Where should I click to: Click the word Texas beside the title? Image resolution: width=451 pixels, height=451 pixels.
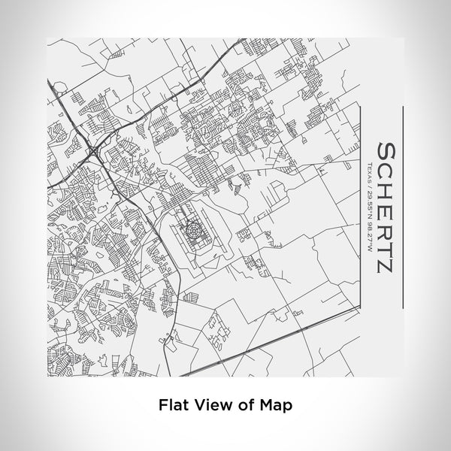click(x=369, y=171)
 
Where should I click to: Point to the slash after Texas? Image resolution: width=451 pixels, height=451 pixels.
click(x=369, y=185)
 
